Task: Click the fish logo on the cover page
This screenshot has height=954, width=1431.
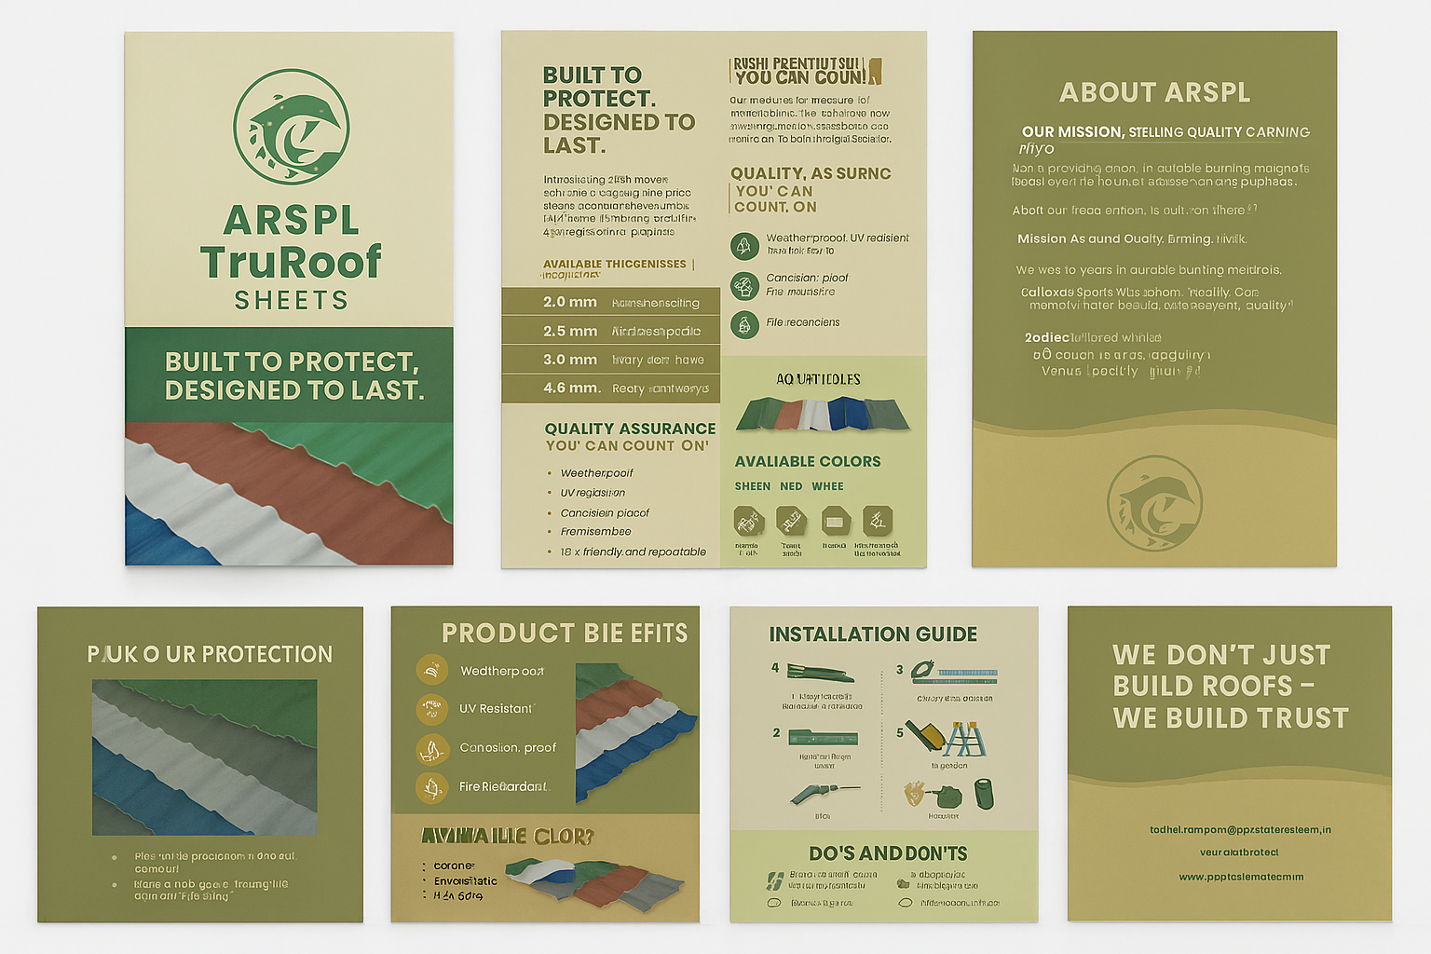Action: click(291, 127)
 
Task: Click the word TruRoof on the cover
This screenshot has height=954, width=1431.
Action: click(291, 262)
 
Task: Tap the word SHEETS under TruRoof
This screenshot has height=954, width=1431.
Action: click(291, 300)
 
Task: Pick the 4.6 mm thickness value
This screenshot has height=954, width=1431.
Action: click(571, 388)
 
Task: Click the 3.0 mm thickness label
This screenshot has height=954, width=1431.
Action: click(570, 360)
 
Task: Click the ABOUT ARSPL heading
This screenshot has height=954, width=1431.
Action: click(1154, 92)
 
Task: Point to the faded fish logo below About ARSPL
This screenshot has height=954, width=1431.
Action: click(1154, 503)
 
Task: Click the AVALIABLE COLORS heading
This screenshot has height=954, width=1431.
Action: click(807, 461)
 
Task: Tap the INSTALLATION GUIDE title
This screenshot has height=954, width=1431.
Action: click(873, 634)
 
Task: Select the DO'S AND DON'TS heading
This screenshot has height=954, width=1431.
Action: click(888, 853)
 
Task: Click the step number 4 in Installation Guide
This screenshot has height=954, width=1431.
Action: click(775, 668)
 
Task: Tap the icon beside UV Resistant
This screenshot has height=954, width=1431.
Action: click(431, 709)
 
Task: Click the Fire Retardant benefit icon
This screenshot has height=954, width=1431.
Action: click(431, 787)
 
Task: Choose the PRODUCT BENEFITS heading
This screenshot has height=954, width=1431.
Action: click(565, 634)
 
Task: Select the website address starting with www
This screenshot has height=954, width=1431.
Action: click(1241, 877)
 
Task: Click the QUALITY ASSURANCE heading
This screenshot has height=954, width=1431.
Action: click(630, 429)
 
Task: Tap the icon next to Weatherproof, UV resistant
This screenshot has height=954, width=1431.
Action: click(743, 246)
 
